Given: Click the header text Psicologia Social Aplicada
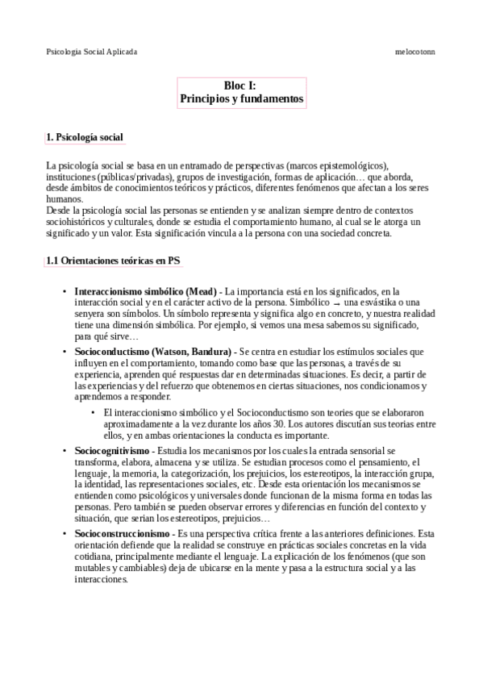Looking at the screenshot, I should pyautogui.click(x=92, y=51).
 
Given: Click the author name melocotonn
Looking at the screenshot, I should pyautogui.click(x=415, y=51).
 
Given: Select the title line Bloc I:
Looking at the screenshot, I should pyautogui.click(x=240, y=85).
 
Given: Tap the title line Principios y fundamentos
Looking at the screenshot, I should pyautogui.click(x=241, y=98).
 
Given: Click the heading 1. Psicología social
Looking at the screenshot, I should pyautogui.click(x=85, y=138).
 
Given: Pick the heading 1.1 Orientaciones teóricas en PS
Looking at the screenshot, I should pyautogui.click(x=112, y=261).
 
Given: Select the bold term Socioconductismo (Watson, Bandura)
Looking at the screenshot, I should pyautogui.click(x=153, y=352).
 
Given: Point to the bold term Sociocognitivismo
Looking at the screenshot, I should pyautogui.click(x=112, y=449).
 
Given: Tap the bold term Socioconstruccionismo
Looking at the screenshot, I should pyautogui.click(x=121, y=535).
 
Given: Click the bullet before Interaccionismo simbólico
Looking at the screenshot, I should pyautogui.click(x=65, y=291).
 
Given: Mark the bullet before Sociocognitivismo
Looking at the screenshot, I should pyautogui.click(x=65, y=449).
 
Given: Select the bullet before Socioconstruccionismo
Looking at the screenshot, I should pyautogui.click(x=65, y=535).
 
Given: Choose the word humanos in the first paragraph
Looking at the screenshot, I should pyautogui.click(x=65, y=198).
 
